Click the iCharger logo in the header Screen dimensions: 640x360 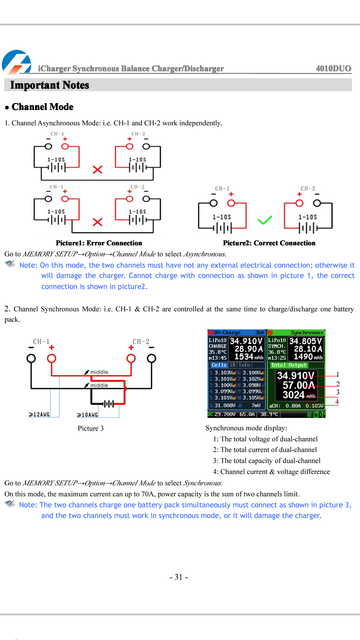coord(16,62)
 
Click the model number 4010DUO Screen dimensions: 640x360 coord(333,68)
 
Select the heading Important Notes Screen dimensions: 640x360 coord(50,85)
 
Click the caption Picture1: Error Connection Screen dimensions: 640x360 coord(99,243)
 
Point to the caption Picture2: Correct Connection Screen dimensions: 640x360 coord(269,243)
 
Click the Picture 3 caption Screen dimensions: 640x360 coord(91,428)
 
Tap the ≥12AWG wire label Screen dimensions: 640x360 coord(39,414)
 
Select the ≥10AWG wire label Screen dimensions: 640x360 coord(88,415)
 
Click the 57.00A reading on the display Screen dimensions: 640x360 coord(298,385)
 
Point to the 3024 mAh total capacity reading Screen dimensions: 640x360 coord(299,395)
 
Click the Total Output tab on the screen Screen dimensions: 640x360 coord(289,365)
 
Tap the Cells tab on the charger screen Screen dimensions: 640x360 coord(219,365)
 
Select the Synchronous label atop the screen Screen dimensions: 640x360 coord(307,333)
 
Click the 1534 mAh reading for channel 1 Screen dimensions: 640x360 coord(248,357)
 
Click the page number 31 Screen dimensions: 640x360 coord(179,577)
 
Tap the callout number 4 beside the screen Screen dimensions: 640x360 coord(337,402)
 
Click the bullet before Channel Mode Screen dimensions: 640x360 coord(7,107)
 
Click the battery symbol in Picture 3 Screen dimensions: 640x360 coord(108,404)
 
